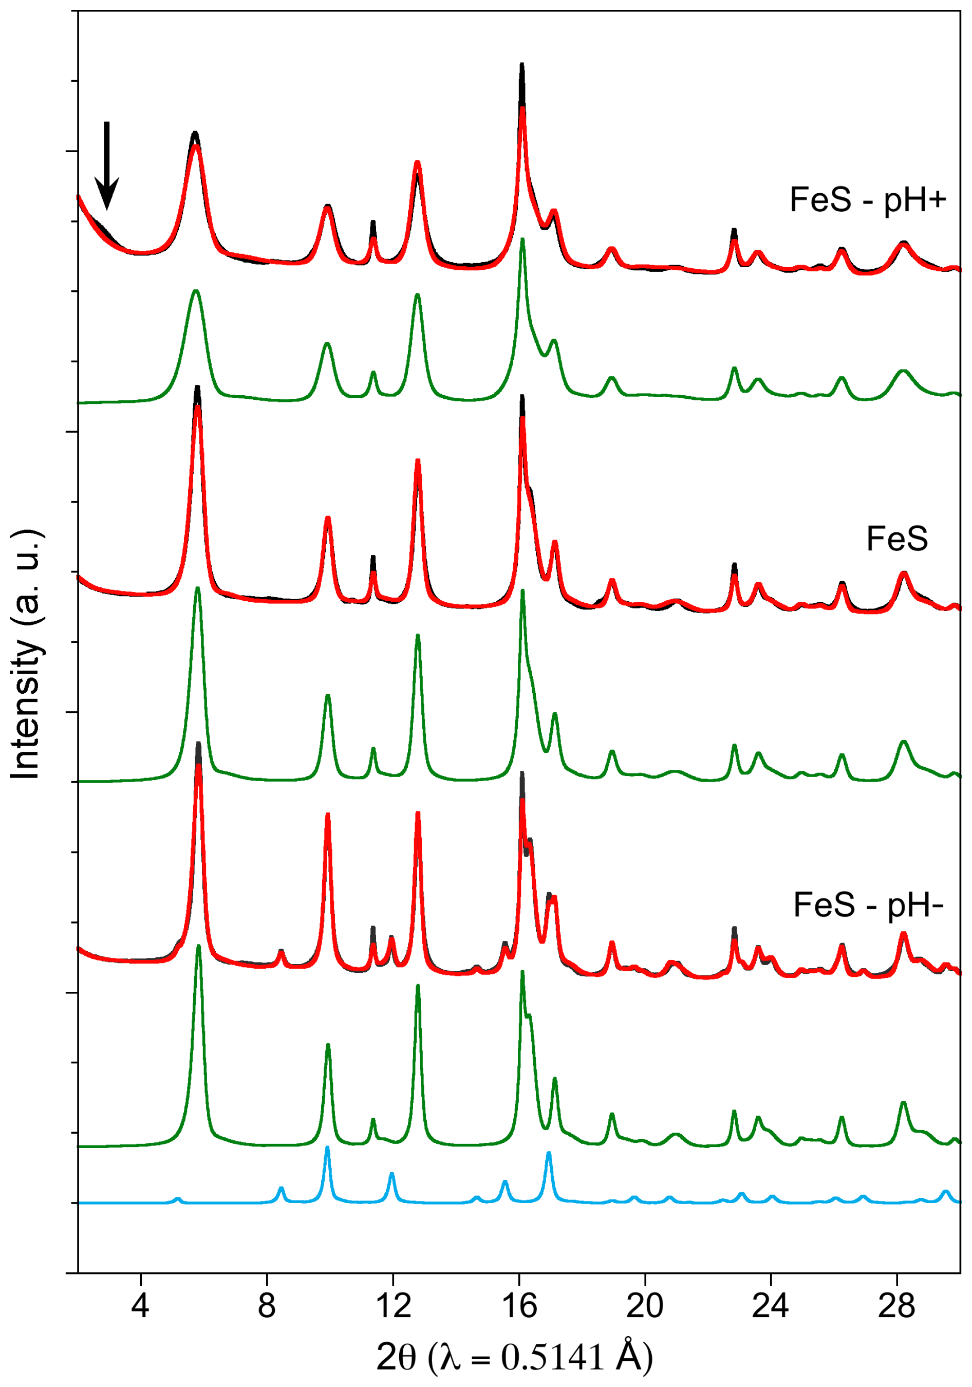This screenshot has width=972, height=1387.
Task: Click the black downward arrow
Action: [x=107, y=164]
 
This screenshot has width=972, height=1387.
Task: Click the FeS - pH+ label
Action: [x=868, y=200]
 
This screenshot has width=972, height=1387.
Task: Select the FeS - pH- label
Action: [x=868, y=905]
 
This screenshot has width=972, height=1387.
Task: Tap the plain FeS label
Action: [x=896, y=539]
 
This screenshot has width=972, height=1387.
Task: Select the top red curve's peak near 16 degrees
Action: [x=522, y=109]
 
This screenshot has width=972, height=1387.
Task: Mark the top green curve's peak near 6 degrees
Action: [x=195, y=291]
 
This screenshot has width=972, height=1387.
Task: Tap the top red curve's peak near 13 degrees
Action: [x=417, y=162]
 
